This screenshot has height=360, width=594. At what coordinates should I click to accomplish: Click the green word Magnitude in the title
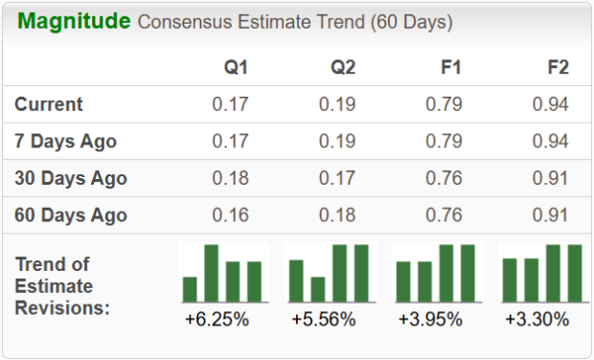coord(73,20)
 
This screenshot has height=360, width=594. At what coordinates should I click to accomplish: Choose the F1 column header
coord(449,67)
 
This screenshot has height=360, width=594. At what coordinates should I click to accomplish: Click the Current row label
coord(50,104)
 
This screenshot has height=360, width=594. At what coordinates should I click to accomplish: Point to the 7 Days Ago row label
coord(66,142)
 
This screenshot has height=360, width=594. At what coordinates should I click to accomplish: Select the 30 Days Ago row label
coord(71,178)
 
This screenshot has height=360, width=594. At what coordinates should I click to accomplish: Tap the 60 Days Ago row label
coord(71,214)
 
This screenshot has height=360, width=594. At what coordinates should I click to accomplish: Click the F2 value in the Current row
coord(550,104)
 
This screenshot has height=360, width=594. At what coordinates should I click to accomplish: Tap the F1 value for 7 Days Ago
coord(445,142)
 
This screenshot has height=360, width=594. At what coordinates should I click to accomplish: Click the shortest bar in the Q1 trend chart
coord(190,289)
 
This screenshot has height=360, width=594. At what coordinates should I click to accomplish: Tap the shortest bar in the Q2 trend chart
coord(317,289)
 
